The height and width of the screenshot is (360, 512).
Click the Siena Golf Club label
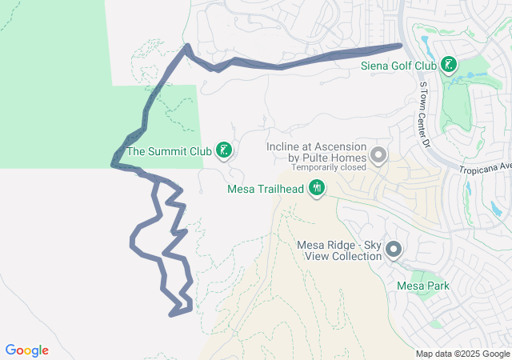tap(398, 65)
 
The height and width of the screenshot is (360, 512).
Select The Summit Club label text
tap(168, 150)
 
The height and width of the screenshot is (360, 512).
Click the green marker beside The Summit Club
tap(225, 150)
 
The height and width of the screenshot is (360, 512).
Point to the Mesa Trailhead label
tap(266, 189)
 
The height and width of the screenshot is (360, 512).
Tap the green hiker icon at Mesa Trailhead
tap(318, 189)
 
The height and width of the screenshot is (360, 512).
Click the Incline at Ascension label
tap(315, 147)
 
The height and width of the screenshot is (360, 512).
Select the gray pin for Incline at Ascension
tap(378, 154)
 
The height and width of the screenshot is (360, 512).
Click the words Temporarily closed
tap(328, 168)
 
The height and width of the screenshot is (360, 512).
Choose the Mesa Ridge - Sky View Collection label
tap(339, 250)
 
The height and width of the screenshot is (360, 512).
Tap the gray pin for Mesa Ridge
tap(394, 250)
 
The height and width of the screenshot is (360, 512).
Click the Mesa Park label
tap(423, 286)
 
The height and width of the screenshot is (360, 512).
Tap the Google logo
tap(27, 350)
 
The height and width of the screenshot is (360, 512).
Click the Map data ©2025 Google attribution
tap(462, 354)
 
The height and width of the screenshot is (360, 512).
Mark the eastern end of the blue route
tap(400, 46)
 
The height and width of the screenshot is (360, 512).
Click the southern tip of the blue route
tap(171, 314)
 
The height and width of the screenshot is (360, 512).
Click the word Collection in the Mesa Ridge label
tap(355, 256)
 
